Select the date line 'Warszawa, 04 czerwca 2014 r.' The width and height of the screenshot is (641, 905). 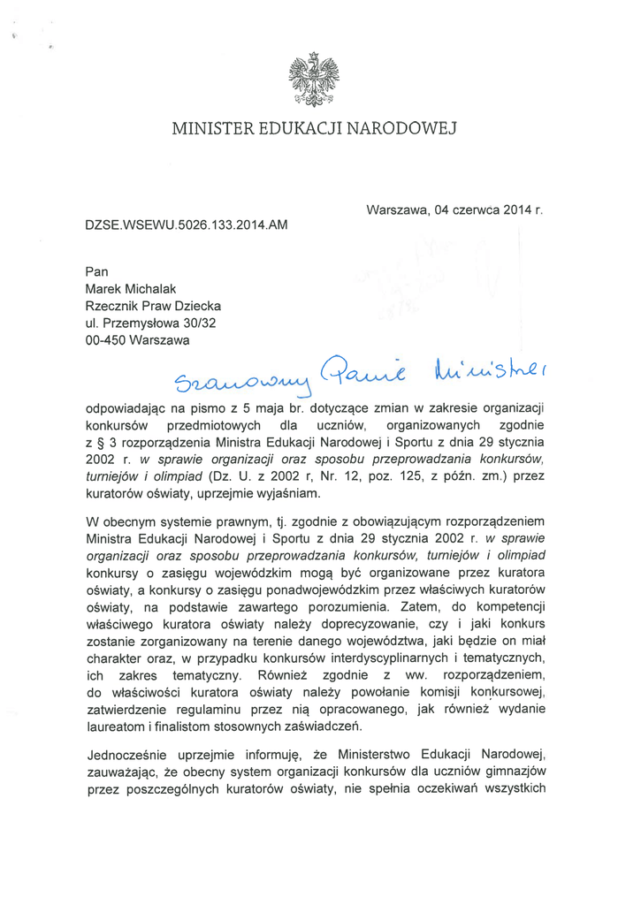tap(453, 211)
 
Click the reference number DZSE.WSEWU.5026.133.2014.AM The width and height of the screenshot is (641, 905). tap(187, 226)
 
